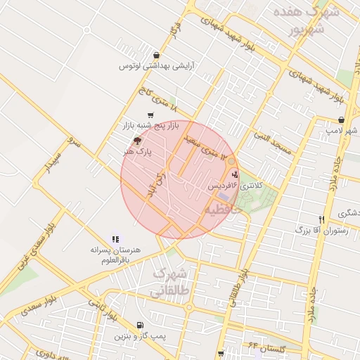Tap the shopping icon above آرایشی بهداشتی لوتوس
(155, 56)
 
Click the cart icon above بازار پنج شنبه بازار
(150, 115)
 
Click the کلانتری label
(251, 186)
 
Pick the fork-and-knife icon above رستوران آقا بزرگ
(321, 219)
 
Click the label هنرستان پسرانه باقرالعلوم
(115, 255)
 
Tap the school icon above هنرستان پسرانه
(115, 240)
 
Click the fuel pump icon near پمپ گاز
(140, 326)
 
